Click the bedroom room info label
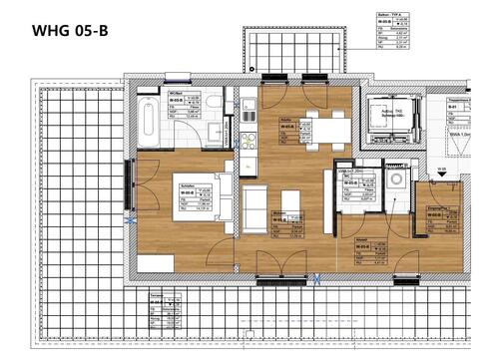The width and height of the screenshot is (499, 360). pos(193,199)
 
